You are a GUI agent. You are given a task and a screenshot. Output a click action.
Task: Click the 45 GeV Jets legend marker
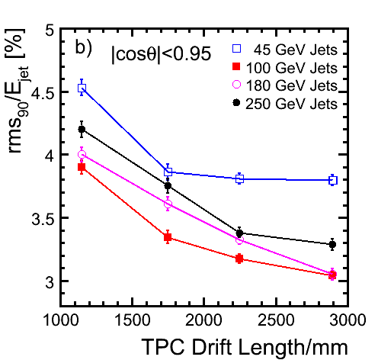coord(236,48)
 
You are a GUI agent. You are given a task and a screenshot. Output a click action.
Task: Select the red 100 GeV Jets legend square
coord(236,66)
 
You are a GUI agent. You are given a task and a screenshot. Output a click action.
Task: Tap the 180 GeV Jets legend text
coord(291,85)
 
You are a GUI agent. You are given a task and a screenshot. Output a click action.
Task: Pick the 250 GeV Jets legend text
coord(291,104)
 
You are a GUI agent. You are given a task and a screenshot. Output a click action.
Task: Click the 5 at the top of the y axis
coord(50,30)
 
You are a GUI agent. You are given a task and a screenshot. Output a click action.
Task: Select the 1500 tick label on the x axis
coord(132,320)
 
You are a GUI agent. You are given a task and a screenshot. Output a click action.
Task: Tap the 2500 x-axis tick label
coord(276,320)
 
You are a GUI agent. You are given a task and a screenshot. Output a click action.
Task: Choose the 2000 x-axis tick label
coord(203,320)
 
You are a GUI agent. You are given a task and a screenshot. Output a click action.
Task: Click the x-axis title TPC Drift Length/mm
coord(244,347)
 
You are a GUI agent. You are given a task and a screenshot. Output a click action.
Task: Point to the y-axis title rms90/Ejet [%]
coord(17,91)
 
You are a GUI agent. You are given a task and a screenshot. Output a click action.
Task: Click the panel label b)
coord(83,48)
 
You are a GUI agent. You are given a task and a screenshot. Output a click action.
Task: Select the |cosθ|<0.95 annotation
coord(161,53)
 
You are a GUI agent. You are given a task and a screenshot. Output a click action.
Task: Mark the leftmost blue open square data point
coord(82,88)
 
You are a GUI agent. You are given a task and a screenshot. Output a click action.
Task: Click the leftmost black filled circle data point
coord(82,129)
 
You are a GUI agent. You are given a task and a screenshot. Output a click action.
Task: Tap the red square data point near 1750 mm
coord(168,237)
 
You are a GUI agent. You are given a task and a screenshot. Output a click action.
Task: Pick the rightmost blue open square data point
coord(333,180)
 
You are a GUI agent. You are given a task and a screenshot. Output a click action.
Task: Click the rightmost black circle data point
coord(332,245)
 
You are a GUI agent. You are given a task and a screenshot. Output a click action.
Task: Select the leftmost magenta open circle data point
coord(82,154)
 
